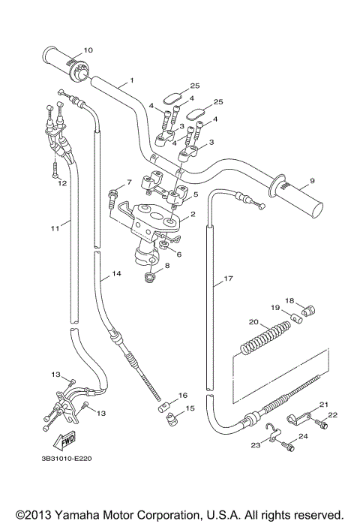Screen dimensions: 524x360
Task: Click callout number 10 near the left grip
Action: click(x=88, y=50)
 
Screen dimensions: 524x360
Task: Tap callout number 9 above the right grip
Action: click(x=312, y=181)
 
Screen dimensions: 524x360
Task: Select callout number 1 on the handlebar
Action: click(x=131, y=80)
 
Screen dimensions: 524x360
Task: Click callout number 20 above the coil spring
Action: click(x=253, y=322)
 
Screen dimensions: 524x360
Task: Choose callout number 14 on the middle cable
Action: click(x=115, y=275)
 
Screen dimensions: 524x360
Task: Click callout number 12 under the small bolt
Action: click(x=62, y=182)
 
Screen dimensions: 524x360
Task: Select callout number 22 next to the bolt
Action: click(x=333, y=415)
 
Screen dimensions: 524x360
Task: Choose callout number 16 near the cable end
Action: click(x=183, y=395)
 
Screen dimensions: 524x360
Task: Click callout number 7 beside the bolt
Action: click(x=128, y=182)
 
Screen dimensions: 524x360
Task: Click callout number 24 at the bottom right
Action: click(x=303, y=435)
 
